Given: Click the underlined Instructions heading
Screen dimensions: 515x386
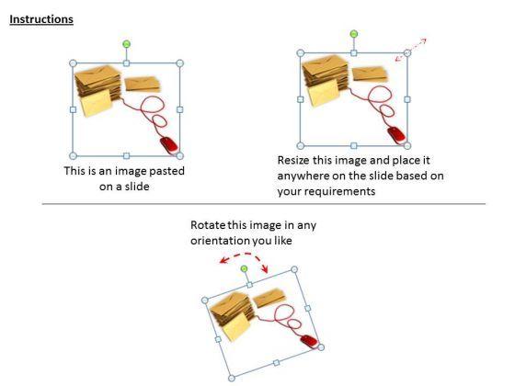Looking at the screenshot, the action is click(41, 19).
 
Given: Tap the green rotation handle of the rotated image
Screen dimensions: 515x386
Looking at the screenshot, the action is click(244, 269).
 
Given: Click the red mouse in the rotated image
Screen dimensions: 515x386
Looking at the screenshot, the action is click(309, 341).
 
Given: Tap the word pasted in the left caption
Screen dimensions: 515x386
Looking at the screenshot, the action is click(167, 171).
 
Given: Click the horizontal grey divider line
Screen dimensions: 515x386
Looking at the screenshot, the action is click(264, 204).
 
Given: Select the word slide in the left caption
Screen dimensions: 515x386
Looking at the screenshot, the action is click(137, 187).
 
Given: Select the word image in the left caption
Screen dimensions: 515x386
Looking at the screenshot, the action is click(130, 172).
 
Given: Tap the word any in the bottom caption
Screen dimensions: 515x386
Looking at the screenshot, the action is click(307, 226).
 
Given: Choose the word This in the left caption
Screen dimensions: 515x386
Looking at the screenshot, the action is click(72, 171).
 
